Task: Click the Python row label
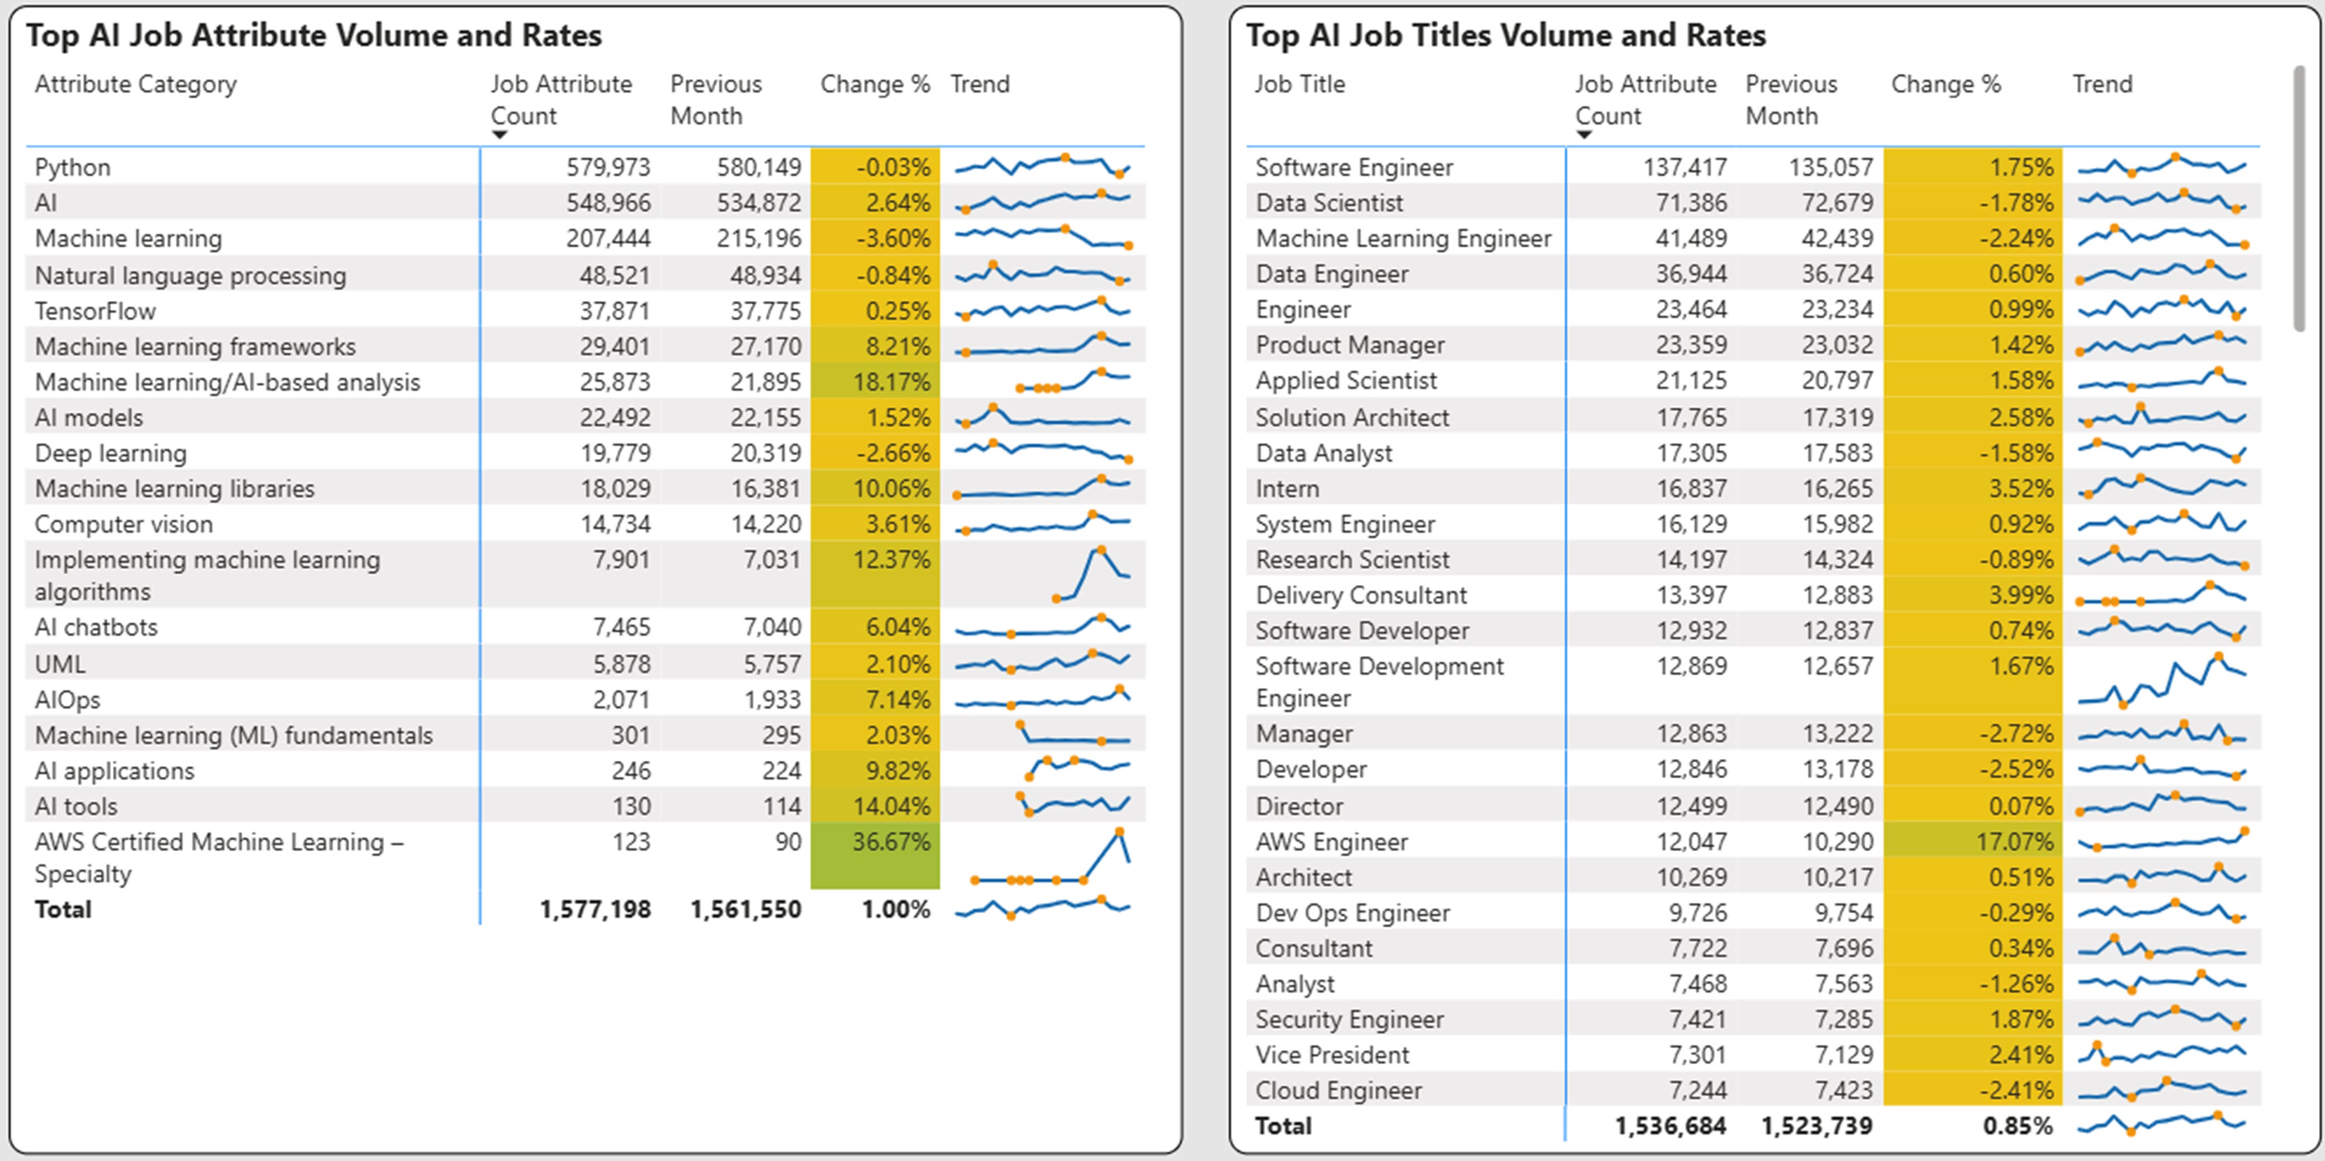pos(73,167)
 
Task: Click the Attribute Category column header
pos(135,85)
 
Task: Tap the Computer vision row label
pos(124,524)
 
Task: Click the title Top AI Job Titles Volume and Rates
pos(1505,35)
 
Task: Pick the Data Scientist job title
pos(1329,203)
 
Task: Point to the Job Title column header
pos(1300,85)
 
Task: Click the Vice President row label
pos(1332,1055)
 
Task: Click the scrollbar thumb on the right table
pos(2299,199)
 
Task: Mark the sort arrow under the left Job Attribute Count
pos(499,136)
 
